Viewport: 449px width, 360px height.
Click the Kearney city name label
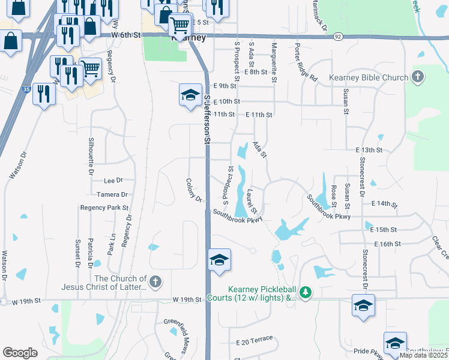click(188, 38)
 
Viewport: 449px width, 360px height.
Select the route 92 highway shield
click(338, 36)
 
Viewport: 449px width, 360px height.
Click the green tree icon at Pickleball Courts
click(306, 292)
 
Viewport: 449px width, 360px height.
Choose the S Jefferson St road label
click(207, 120)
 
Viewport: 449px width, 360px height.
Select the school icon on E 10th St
click(190, 95)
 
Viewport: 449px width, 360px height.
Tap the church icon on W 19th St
click(155, 281)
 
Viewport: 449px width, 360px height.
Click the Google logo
click(20, 353)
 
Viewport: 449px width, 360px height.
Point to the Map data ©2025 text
click(423, 355)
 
